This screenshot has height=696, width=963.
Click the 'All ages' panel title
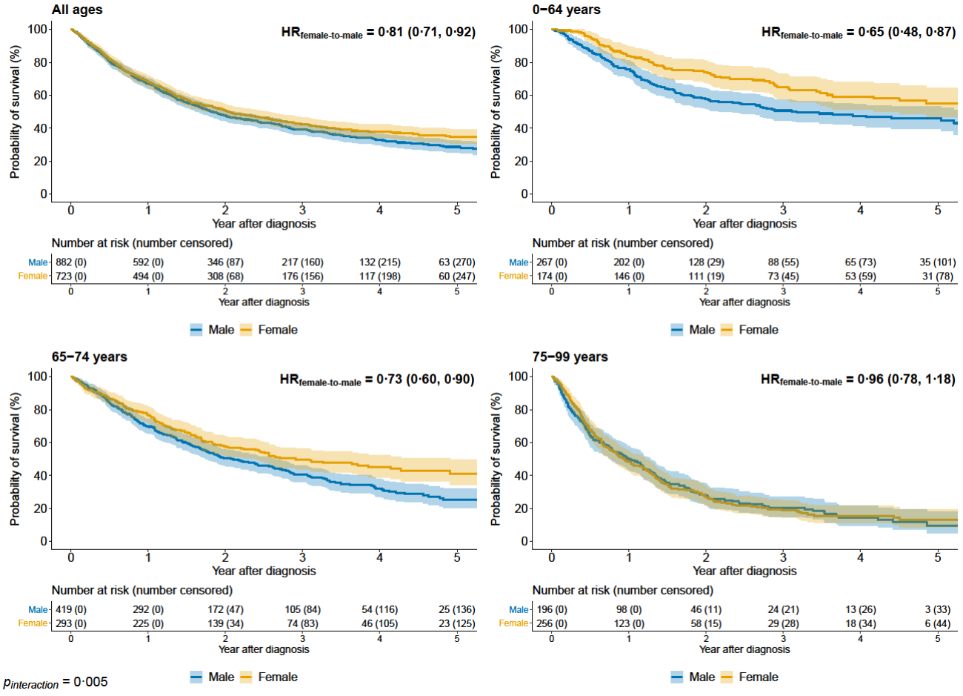(x=77, y=10)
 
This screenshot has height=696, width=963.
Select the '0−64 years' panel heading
(x=566, y=10)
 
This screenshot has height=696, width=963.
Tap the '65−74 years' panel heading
(x=89, y=357)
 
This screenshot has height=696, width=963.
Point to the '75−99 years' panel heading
(x=570, y=357)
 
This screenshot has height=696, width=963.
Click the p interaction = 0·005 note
(x=56, y=682)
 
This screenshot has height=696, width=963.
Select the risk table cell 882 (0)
(x=71, y=262)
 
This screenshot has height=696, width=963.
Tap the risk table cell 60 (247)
(x=456, y=276)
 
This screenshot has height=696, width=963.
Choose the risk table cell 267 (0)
(x=551, y=262)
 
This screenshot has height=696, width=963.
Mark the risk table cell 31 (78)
(x=938, y=276)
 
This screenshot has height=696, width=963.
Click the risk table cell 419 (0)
(x=71, y=609)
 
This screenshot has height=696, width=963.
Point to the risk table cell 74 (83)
(x=302, y=623)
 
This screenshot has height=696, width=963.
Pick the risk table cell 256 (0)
(x=551, y=623)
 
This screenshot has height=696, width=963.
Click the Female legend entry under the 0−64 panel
(x=750, y=330)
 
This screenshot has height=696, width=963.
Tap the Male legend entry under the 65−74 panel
(x=213, y=677)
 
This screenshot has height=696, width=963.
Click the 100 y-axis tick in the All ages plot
(x=38, y=29)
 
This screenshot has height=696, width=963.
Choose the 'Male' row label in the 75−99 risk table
(x=519, y=609)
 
